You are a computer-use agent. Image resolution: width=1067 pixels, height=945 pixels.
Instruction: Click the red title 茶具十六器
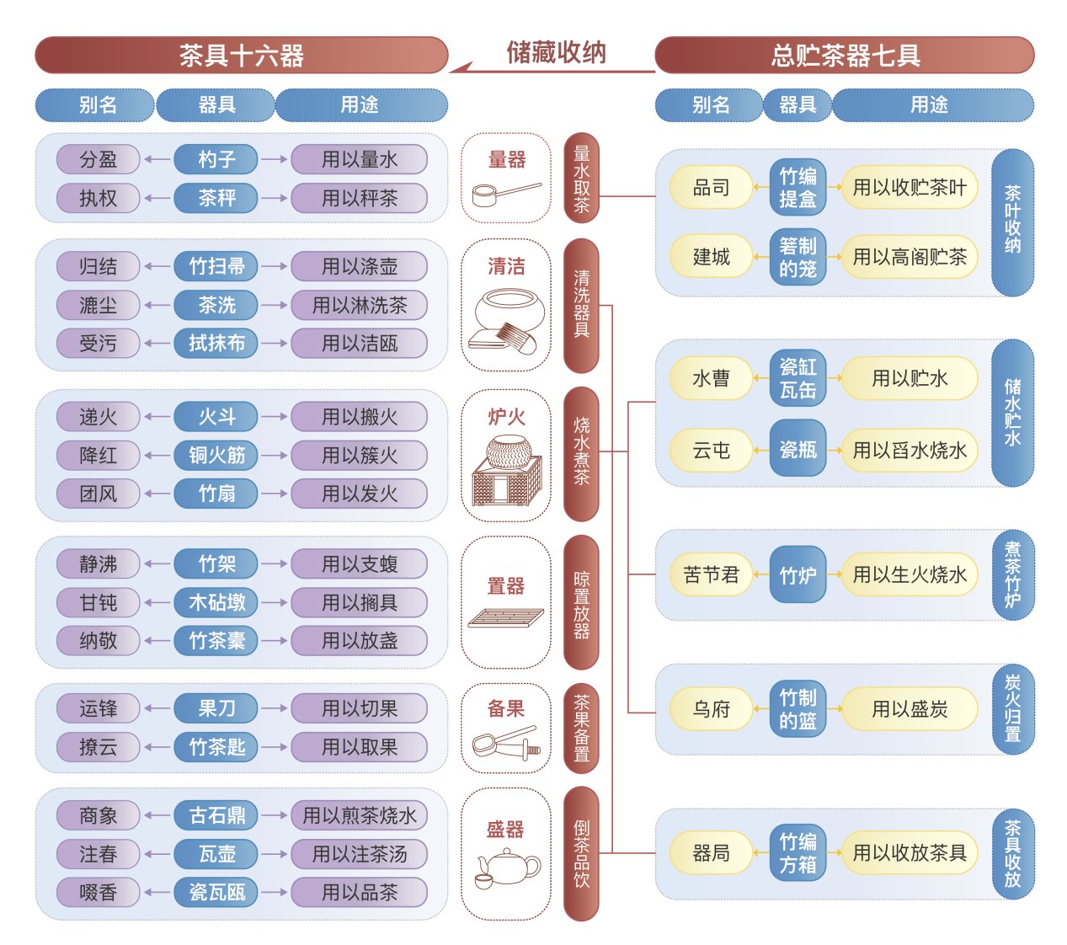(x=241, y=55)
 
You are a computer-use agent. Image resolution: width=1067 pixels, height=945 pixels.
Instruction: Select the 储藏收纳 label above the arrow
(x=556, y=52)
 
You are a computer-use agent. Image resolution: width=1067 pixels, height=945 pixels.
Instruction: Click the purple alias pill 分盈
(x=98, y=159)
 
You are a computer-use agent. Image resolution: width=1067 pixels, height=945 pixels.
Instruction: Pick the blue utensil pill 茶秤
(x=216, y=198)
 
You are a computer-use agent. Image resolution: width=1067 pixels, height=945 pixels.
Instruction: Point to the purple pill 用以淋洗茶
(x=360, y=305)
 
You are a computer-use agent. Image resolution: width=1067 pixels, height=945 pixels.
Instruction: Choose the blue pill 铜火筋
(x=216, y=455)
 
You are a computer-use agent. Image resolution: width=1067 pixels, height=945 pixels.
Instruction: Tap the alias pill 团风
(x=98, y=494)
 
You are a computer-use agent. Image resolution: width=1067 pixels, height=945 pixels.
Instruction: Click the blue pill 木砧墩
(x=216, y=602)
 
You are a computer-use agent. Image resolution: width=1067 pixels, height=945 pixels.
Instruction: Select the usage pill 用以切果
(x=360, y=708)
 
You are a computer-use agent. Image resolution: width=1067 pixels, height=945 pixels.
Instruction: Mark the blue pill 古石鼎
(x=216, y=815)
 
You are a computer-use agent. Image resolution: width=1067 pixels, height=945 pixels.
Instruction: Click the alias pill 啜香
(x=98, y=892)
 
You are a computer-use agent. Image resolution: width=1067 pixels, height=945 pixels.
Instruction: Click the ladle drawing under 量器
(x=506, y=194)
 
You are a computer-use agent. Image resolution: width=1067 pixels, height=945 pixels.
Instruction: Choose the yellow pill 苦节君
(x=711, y=574)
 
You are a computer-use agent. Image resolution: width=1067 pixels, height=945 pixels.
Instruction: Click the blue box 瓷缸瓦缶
(x=798, y=377)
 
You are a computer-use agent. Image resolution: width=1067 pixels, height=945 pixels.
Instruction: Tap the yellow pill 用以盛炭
(x=910, y=708)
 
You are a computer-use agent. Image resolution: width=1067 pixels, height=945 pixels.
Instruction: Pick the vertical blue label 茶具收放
(x=1012, y=853)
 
